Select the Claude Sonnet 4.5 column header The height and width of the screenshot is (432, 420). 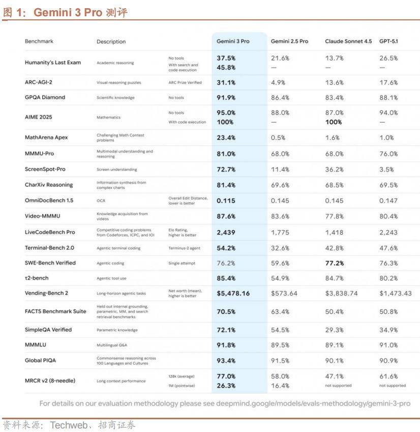[348, 41]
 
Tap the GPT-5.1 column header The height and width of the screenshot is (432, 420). [388, 41]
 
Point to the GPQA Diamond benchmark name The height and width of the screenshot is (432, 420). [45, 97]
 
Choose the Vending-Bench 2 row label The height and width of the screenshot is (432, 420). [46, 294]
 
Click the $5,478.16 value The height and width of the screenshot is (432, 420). [233, 294]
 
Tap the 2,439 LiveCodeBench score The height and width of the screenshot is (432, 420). [226, 232]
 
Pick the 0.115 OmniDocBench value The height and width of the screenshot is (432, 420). [226, 200]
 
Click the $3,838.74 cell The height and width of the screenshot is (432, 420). [341, 294]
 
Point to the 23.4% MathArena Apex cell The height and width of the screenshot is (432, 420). [226, 137]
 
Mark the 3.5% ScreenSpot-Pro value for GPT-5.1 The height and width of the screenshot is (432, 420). [387, 169]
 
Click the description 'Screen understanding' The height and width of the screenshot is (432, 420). [116, 169]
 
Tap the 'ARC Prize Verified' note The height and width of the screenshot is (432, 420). [185, 82]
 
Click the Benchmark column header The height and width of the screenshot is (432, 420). [39, 41]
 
